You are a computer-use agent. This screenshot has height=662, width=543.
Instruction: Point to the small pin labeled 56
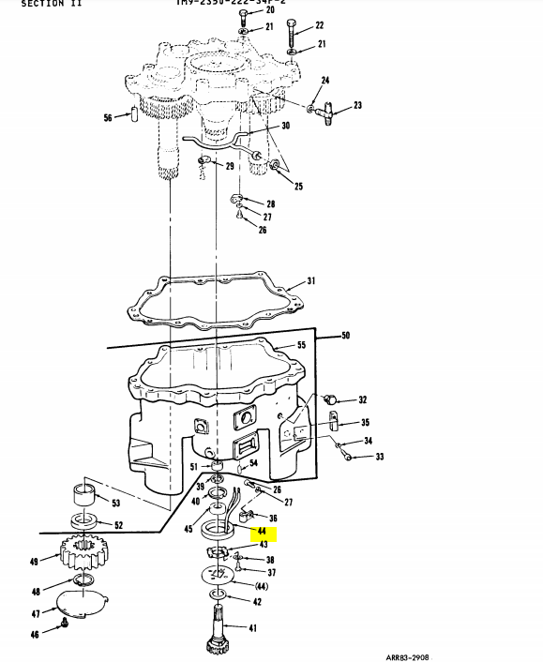click(136, 117)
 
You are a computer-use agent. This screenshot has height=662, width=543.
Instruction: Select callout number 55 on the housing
click(301, 346)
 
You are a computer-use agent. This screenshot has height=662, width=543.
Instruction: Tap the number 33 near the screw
click(379, 457)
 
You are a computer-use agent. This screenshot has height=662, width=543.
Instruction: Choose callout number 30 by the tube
click(285, 126)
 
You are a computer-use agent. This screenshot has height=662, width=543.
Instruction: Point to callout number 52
click(117, 525)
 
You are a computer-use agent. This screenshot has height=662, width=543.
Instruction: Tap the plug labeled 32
click(331, 400)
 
